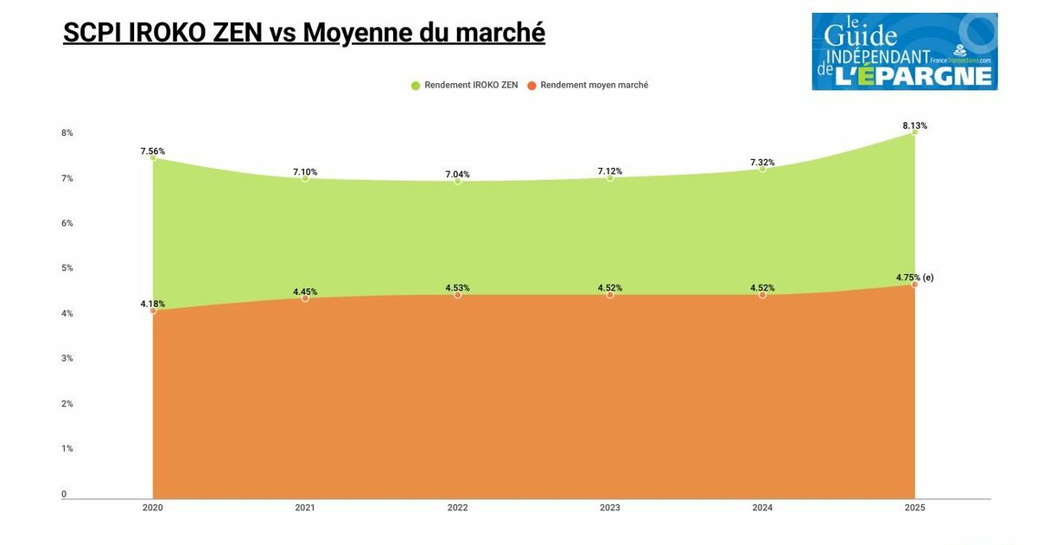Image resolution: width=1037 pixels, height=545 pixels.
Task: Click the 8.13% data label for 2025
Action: point(914,125)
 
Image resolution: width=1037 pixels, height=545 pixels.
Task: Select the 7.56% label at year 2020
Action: point(153,151)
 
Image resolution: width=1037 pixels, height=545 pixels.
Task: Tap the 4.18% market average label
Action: point(153,304)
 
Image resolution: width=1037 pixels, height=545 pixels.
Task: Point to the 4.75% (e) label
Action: point(914,278)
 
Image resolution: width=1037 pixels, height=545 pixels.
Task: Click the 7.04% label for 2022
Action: point(458,174)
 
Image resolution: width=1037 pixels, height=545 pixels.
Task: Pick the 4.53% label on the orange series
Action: point(458,287)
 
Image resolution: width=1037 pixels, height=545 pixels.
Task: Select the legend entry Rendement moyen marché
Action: point(594,86)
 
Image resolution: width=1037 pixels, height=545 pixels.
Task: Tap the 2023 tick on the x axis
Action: point(610,508)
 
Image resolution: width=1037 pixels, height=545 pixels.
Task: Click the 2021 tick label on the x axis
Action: point(305,508)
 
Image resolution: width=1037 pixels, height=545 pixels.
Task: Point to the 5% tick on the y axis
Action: point(67,268)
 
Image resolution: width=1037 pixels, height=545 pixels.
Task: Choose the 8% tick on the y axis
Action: point(67,133)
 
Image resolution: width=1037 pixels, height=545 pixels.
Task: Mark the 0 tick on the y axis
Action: point(64,495)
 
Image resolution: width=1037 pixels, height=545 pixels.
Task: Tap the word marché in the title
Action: point(502,33)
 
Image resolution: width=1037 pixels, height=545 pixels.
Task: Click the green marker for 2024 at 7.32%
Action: point(762,169)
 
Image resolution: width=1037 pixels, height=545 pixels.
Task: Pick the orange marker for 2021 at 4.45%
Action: point(305,298)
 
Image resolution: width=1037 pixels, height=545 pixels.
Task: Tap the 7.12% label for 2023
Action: point(610,170)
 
